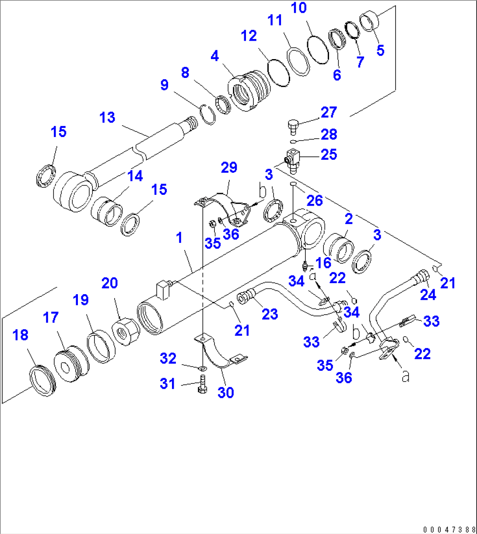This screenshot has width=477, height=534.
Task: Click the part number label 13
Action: pos(107,118)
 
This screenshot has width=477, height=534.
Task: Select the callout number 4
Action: pos(214,56)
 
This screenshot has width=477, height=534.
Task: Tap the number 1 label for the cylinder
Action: pos(179,239)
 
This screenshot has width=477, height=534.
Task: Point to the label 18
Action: pos(21,335)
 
